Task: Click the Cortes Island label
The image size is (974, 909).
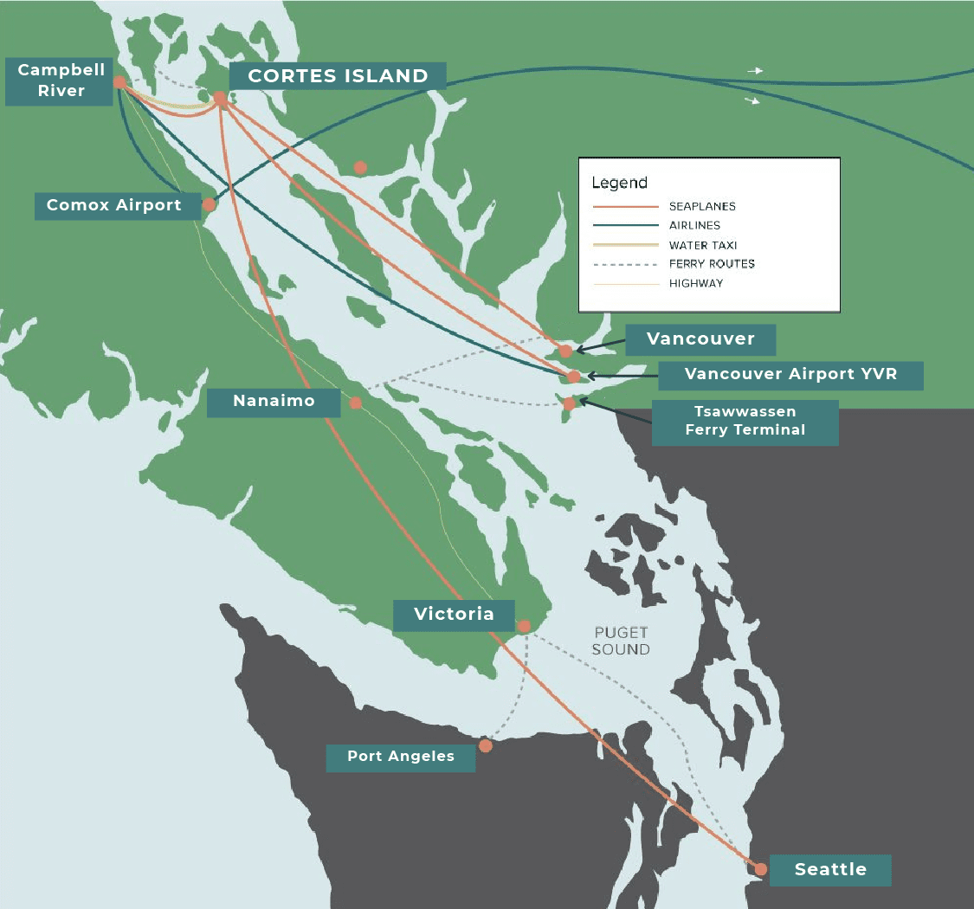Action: [x=339, y=75]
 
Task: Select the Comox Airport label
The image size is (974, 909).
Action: [x=114, y=205]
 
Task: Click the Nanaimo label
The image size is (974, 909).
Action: [x=274, y=401]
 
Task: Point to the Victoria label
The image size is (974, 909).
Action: [x=454, y=615]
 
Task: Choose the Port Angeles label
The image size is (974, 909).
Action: [x=401, y=757]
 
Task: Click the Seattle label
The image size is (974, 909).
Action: [x=830, y=869]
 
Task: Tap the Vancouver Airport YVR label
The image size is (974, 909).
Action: [x=790, y=374]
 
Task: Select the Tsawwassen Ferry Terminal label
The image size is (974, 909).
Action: [x=745, y=421]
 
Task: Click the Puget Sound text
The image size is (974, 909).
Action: [x=621, y=641]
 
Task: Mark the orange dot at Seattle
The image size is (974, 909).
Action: [x=761, y=868]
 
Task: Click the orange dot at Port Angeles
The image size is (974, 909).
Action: [x=486, y=745]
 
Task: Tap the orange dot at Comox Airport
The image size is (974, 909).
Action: [x=209, y=205]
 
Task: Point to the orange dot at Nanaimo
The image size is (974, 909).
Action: [x=356, y=403]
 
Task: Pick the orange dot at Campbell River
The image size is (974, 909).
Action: [x=119, y=82]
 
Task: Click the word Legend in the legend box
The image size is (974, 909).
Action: [x=619, y=183]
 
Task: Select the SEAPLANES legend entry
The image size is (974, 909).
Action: [x=702, y=207]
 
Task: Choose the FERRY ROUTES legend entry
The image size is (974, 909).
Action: [x=712, y=264]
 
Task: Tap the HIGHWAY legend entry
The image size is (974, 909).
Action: [x=695, y=283]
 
